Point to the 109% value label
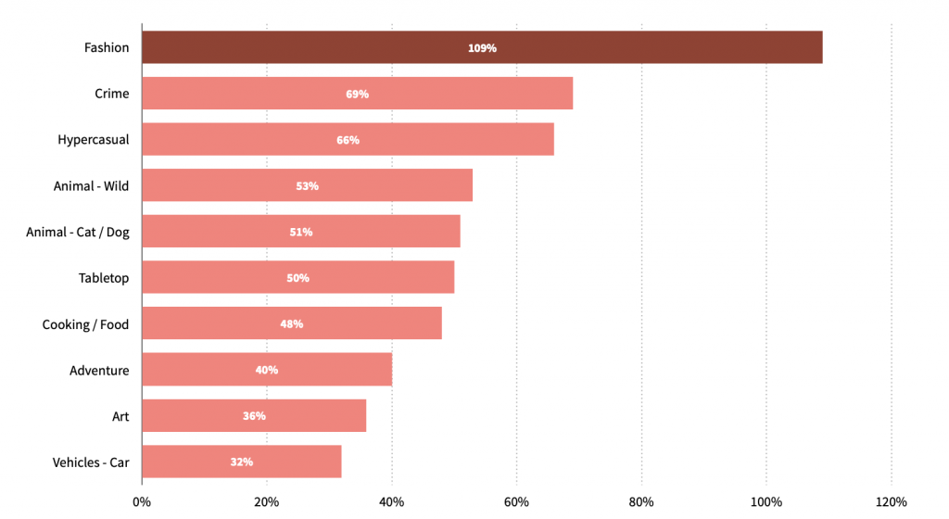click(x=482, y=48)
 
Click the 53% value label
click(x=307, y=186)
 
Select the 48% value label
click(x=292, y=324)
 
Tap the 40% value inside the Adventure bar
click(x=267, y=370)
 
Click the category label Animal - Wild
click(x=91, y=186)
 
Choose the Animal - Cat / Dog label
click(x=78, y=232)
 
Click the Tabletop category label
click(x=104, y=278)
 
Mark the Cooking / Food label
click(x=85, y=324)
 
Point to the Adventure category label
click(x=99, y=371)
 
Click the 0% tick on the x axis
click(x=142, y=502)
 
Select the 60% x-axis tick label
click(x=516, y=502)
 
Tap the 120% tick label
click(x=891, y=502)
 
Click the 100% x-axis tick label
click(x=766, y=502)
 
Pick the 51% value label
click(x=300, y=232)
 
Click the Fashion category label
click(x=107, y=47)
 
